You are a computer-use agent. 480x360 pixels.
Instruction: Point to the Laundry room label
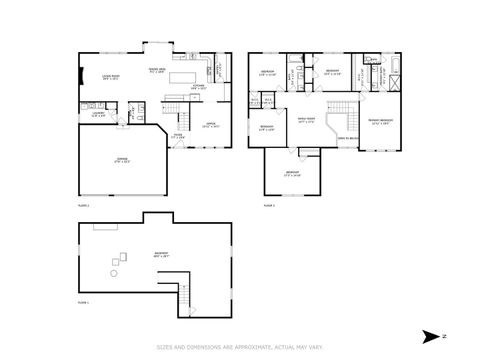tap(99, 114)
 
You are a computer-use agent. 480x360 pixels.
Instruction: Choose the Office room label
tap(211, 125)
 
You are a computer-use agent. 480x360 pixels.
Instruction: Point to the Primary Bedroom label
tap(381, 121)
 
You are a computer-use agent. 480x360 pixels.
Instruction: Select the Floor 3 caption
tap(269, 204)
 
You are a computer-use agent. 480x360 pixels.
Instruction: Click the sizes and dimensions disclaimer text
tap(240, 347)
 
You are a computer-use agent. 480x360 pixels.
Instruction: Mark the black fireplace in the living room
tap(80, 77)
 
